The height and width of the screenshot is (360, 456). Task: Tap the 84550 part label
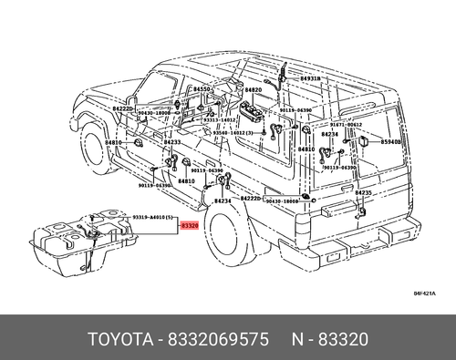point(201,90)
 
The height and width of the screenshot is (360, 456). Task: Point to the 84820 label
point(253,90)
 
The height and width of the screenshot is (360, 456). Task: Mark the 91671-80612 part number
point(347,124)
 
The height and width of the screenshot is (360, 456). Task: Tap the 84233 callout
point(172,143)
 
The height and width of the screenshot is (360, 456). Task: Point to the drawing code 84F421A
point(424,293)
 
